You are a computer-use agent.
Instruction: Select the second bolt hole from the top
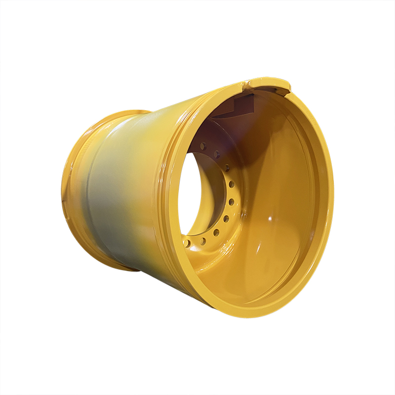point(216,154)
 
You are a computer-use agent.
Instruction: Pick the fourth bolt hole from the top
point(231,184)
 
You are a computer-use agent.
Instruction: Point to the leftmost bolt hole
point(187,243)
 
